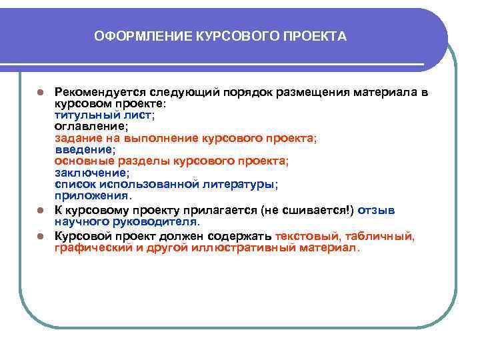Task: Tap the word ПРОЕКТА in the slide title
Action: [319, 36]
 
